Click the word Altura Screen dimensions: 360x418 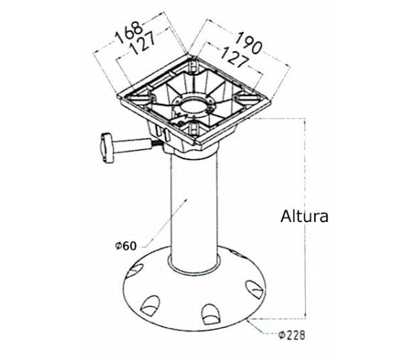[304, 216]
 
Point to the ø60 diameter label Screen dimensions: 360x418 [124, 246]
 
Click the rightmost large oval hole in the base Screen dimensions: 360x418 [252, 289]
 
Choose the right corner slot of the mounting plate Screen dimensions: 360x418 [242, 98]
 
